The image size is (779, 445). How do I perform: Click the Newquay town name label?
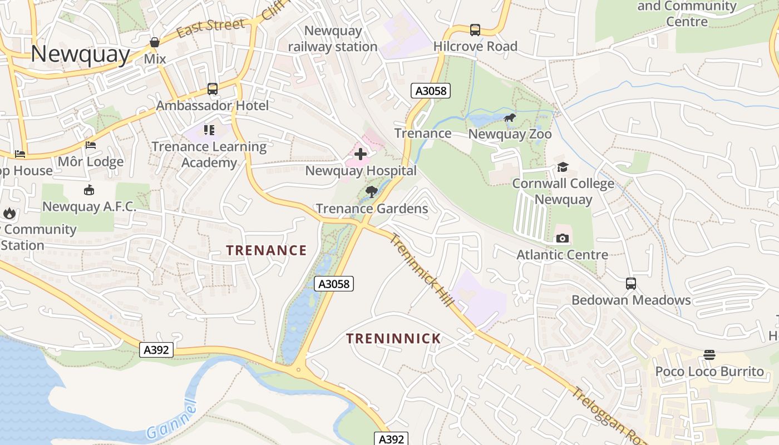pos(80,54)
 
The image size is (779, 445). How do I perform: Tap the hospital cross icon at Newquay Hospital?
pos(361,154)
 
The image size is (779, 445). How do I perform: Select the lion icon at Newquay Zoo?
pos(509,118)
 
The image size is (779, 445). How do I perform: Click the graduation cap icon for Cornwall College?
pos(563,167)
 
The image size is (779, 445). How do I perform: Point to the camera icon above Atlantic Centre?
pos(563,239)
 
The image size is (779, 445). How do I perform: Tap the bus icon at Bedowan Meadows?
pos(630,284)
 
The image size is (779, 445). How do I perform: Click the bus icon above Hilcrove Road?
pos(475,30)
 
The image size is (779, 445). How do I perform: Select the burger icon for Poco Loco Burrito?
pos(709,355)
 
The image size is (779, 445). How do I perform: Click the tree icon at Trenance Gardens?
pos(372,192)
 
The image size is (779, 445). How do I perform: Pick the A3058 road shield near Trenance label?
pos(430,91)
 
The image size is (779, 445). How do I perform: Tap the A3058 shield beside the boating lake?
pos(334,284)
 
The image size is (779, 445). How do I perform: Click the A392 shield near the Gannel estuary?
pos(156,350)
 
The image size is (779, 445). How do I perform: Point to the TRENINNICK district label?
pos(393,338)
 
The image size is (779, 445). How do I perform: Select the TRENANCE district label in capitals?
pos(266,250)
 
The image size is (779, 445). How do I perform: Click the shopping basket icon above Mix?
pos(155,42)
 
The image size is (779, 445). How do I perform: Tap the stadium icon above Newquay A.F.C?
pos(88,191)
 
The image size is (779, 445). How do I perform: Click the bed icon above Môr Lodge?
pos(91,146)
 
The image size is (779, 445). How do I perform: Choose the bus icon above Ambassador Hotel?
pos(212,89)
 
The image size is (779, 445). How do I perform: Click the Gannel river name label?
pos(173,421)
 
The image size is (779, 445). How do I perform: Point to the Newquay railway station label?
pos(333,39)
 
